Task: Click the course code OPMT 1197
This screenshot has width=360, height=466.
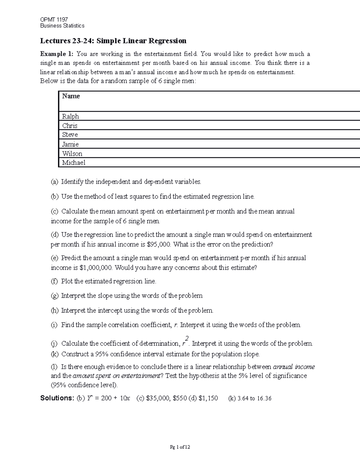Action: [x=54, y=20]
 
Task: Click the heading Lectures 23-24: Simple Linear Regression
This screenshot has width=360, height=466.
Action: [x=113, y=41]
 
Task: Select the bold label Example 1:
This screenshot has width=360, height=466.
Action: [x=57, y=54]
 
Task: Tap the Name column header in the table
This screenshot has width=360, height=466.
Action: [x=71, y=96]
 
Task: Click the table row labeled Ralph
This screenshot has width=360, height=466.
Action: [x=70, y=116]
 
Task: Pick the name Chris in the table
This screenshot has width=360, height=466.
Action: [x=70, y=126]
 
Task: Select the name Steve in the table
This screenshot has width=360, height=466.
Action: [x=70, y=135]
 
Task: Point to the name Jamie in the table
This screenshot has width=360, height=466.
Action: [x=70, y=144]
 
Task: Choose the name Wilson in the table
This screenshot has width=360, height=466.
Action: [x=72, y=154]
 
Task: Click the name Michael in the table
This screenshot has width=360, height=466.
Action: [x=73, y=163]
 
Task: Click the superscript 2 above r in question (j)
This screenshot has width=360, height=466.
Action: [x=187, y=338]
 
